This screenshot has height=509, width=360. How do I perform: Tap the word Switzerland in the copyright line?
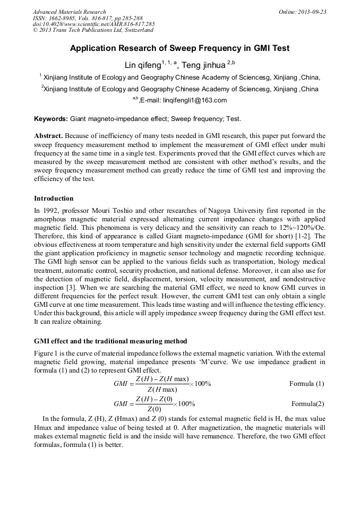coord(135,30)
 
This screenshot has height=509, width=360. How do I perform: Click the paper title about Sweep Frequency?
coord(179,48)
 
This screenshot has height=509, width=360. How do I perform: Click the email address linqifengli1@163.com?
coord(195,100)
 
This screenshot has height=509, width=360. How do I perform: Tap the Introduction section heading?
coord(54,199)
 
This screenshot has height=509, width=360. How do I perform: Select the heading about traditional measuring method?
coord(110,341)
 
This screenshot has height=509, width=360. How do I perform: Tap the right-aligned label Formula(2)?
coord(307,403)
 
